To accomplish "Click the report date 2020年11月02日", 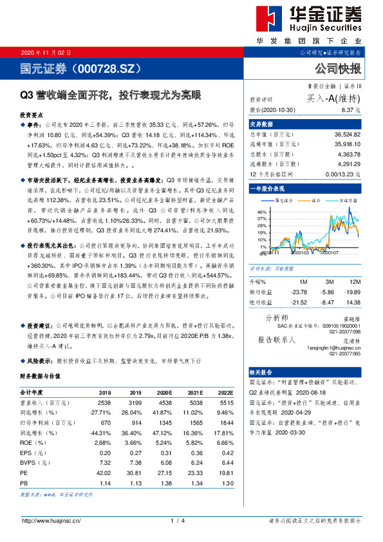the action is click(x=46, y=52).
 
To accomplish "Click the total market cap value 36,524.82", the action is click(x=348, y=134).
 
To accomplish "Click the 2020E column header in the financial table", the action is click(x=165, y=391).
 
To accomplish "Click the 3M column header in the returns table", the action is click(x=329, y=282).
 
